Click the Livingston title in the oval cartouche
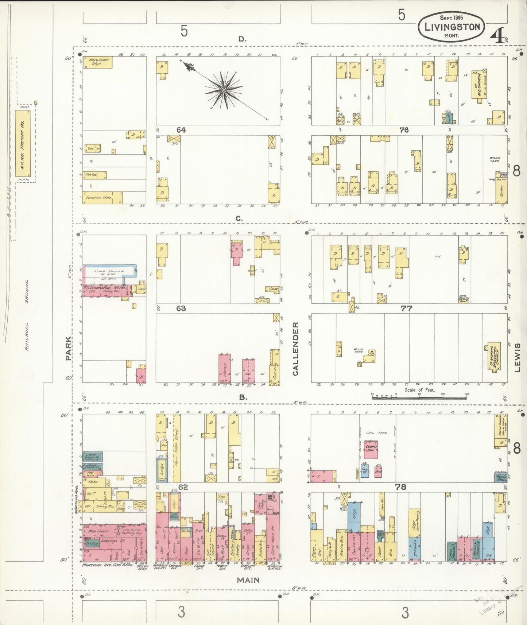point(451,27)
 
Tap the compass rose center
point(223,90)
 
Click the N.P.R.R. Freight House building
point(23,143)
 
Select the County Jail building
point(371,449)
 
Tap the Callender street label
point(295,349)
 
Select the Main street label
point(248,580)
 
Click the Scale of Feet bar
point(419,398)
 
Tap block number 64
point(181,130)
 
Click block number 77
point(406,308)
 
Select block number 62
point(183,487)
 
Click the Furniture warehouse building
point(102,197)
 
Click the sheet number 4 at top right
point(496,36)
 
